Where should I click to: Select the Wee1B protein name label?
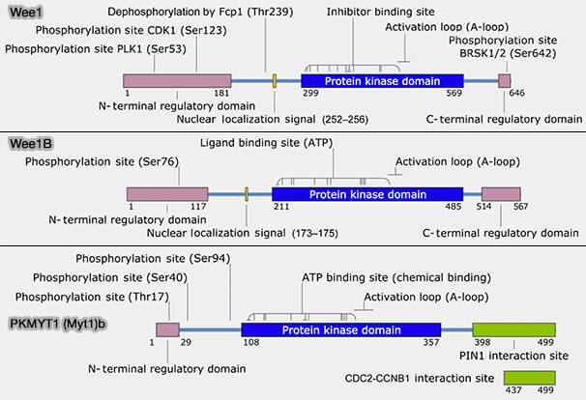[30, 144]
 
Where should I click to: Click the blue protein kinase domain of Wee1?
[382, 82]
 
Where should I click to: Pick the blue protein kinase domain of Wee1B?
[366, 194]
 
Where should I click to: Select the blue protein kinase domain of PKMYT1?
[340, 330]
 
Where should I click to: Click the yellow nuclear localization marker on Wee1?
[275, 82]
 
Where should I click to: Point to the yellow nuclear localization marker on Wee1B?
[247, 194]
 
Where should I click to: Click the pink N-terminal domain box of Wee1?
[177, 82]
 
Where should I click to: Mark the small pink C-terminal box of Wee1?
[504, 82]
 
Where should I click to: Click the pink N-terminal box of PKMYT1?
[167, 330]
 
